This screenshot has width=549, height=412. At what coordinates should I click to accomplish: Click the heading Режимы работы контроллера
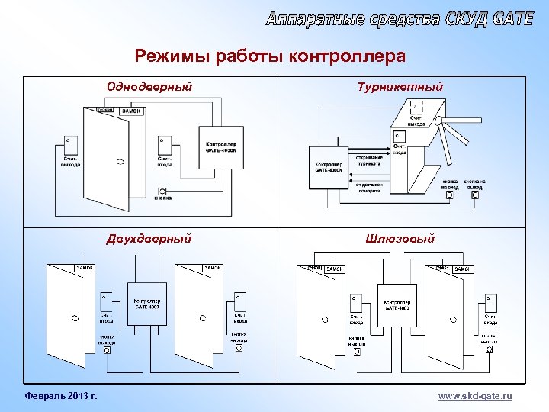270,56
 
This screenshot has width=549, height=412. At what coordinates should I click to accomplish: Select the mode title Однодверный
149,86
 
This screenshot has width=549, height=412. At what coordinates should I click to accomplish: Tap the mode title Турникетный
400,86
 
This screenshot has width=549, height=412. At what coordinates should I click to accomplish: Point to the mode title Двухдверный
149,239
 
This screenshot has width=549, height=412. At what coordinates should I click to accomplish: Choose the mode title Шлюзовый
400,239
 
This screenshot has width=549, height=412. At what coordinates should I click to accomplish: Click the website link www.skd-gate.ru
475,396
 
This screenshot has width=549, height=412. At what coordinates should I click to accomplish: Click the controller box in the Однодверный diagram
221,144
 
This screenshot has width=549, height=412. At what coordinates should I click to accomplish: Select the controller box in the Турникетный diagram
329,166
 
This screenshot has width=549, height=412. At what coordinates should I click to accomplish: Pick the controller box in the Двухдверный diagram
146,304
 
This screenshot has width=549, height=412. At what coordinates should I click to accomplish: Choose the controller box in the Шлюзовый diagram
396,304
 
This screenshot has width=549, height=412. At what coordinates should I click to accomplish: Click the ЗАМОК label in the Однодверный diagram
130,111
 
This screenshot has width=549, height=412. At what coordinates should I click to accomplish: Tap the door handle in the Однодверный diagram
120,161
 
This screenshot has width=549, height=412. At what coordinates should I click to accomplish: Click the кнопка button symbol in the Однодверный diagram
162,191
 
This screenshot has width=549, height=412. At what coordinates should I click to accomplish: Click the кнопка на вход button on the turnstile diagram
450,195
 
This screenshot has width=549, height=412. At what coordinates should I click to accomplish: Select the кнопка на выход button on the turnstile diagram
476,195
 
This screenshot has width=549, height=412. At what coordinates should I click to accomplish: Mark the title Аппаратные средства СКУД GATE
400,19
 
